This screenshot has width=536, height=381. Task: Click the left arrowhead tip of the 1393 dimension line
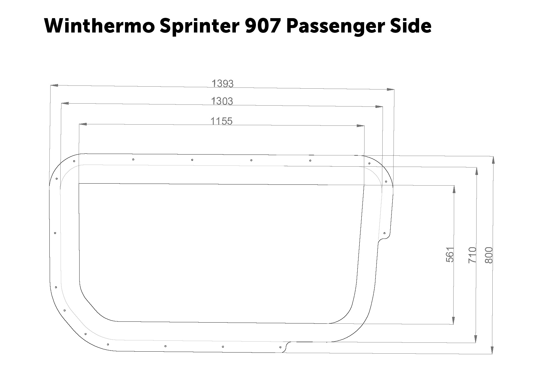pos(51,85)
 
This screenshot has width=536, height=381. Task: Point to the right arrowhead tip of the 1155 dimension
pos(365,126)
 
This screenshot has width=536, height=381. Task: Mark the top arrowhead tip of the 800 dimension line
pos(493,156)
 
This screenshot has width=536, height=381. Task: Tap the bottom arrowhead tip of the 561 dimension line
pos(454,324)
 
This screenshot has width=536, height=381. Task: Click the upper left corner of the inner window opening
pos(79,183)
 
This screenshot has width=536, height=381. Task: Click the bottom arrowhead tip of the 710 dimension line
pos(476,343)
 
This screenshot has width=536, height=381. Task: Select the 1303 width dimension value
pos(222,101)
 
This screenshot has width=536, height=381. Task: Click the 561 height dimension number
pos(450,255)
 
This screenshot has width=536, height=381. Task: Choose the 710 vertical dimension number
pos(472,255)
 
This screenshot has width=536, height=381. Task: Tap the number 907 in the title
pos(263,26)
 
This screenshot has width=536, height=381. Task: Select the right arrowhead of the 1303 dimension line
pos(379,107)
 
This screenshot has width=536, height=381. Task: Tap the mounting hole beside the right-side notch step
pos(384,233)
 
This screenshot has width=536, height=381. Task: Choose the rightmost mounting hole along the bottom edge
pos(280,347)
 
